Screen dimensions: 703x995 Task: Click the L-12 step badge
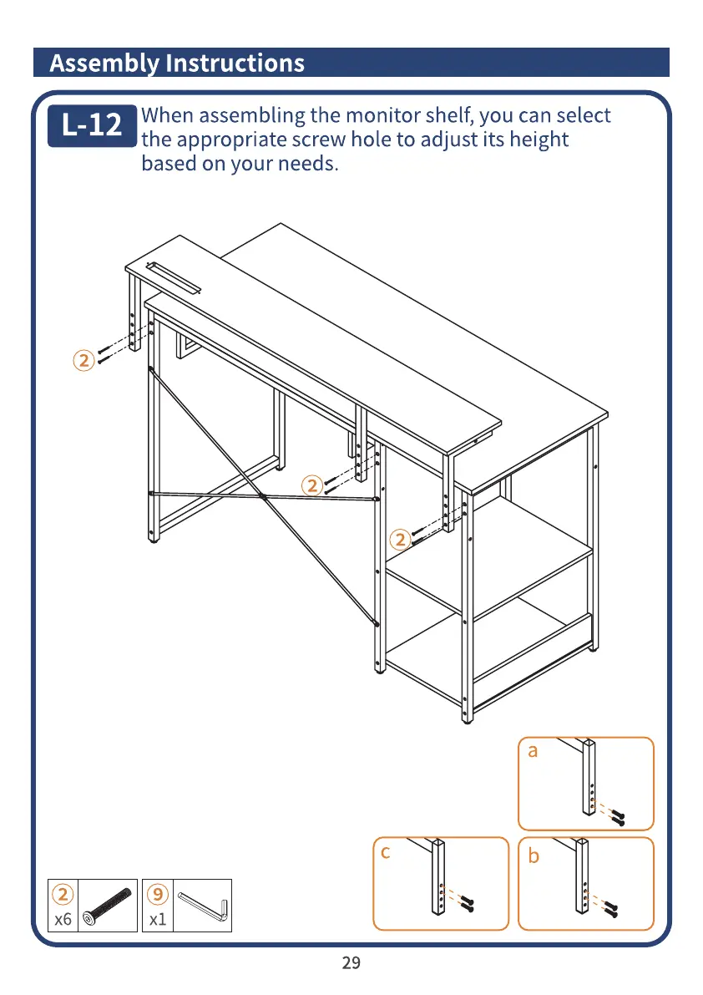92,126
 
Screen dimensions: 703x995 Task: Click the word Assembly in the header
104,63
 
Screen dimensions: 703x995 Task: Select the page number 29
351,963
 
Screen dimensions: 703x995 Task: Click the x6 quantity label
63,920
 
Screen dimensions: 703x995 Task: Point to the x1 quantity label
158,920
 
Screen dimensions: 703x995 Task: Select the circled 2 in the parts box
63,894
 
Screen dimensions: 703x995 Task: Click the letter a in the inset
533,751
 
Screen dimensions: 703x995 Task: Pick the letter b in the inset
534,856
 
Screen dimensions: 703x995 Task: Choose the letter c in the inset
385,852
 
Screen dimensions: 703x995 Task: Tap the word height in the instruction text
539,139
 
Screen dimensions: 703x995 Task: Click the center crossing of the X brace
263,497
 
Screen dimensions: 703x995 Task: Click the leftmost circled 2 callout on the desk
82,361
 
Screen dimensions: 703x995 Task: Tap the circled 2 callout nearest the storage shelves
401,539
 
